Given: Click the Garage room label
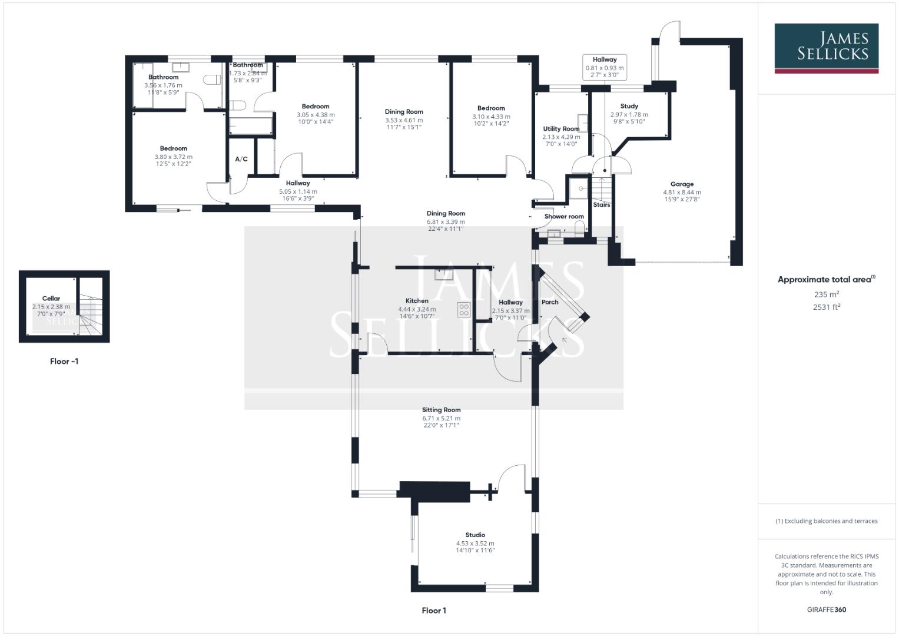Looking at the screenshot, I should tap(682, 184).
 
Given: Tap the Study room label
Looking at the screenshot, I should tap(629, 106).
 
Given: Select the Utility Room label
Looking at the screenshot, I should tap(561, 129).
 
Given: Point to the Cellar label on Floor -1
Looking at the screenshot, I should tap(51, 299).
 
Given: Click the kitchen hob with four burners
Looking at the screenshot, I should tap(463, 310).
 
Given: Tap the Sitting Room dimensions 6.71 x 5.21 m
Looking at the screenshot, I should tap(441, 418).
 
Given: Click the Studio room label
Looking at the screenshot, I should tap(475, 535).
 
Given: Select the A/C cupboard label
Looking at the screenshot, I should tap(241, 160).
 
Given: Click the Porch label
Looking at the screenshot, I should tap(550, 302).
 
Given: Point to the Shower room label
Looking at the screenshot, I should tap(564, 217).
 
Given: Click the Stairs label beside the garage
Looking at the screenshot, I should tap(601, 205).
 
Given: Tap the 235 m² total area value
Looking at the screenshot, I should tap(826, 294).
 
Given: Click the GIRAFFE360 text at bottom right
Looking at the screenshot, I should tap(826, 609).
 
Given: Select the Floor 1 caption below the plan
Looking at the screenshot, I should tap(434, 611).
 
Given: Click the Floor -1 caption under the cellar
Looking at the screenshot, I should tap(64, 362).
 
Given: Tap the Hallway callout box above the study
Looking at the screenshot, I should tap(604, 68).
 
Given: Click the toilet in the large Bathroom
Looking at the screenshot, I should tap(211, 79).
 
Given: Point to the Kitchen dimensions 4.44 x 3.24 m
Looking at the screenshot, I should tap(417, 309).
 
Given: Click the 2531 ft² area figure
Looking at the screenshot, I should tap(826, 307).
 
